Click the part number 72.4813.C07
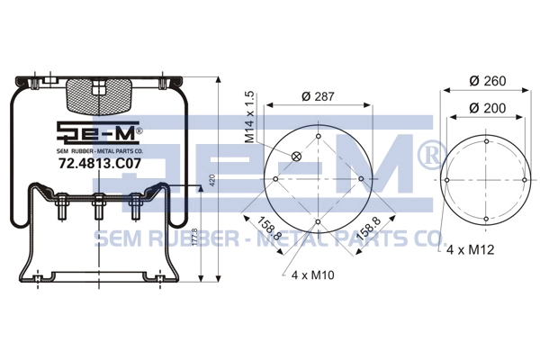[x=100, y=163]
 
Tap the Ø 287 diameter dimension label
[x=318, y=96]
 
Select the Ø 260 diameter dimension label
[x=488, y=81]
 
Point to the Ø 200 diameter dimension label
[x=488, y=108]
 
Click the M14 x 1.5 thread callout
[x=249, y=117]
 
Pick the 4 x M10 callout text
[x=312, y=274]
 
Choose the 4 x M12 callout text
[x=470, y=249]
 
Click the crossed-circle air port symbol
[x=296, y=157]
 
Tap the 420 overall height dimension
[x=212, y=181]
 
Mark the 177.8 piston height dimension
[x=195, y=237]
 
